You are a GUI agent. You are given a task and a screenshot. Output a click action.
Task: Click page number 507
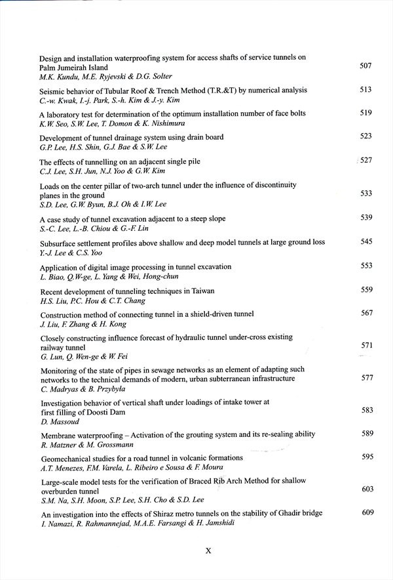pyautogui.click(x=365, y=66)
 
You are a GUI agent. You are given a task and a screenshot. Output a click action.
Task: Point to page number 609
pyautogui.click(x=367, y=512)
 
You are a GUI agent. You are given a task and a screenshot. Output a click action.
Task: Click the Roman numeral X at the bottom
pyautogui.click(x=208, y=551)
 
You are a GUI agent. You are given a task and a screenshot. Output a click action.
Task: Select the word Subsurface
pyautogui.click(x=60, y=243)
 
